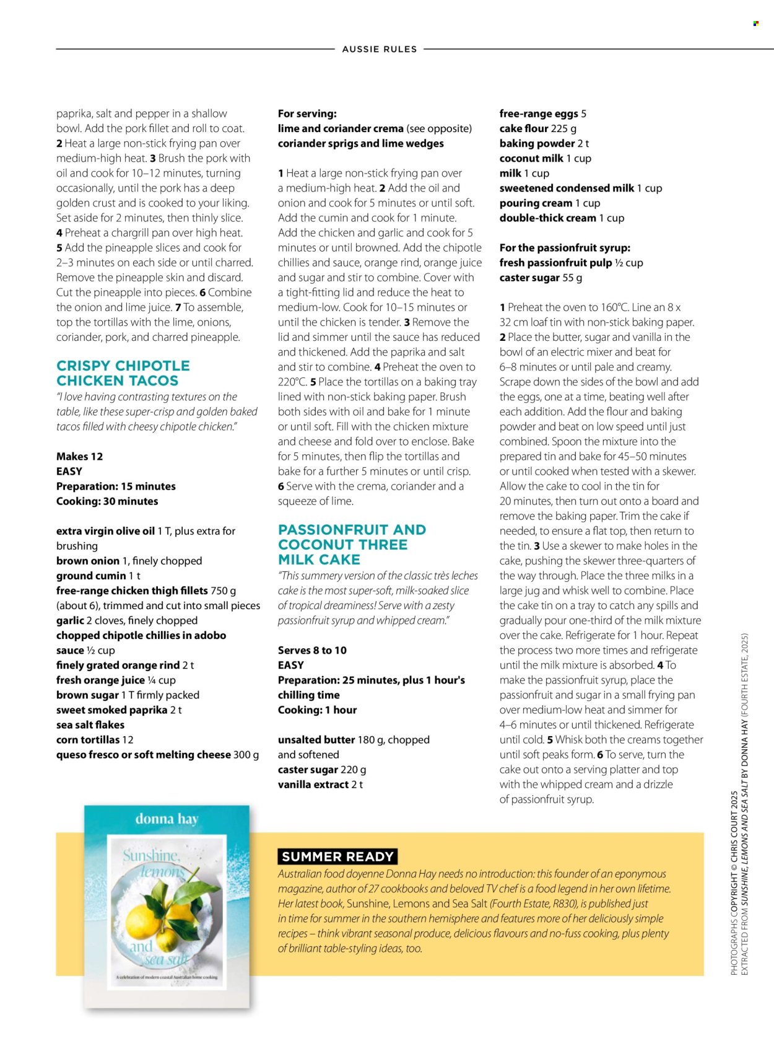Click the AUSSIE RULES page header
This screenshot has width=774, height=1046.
click(380, 50)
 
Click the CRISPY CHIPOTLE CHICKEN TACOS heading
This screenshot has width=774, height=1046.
click(123, 373)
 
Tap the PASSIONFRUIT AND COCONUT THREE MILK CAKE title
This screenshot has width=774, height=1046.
click(352, 545)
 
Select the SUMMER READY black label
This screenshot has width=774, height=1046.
click(337, 856)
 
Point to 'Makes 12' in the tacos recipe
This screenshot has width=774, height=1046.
click(79, 457)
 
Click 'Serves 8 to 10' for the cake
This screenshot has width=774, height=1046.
click(312, 651)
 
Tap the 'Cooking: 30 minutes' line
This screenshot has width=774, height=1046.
click(107, 501)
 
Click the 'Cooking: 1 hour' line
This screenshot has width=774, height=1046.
click(317, 710)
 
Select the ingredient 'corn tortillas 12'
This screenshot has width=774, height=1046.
click(95, 740)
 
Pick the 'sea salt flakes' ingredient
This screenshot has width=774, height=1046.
click(90, 725)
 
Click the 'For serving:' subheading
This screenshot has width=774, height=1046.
click(307, 114)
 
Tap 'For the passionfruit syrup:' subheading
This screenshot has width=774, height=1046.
click(565, 248)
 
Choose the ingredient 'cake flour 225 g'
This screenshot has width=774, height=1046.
click(538, 129)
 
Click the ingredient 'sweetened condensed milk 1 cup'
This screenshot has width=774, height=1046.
click(581, 188)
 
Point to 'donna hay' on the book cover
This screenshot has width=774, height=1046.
click(167, 819)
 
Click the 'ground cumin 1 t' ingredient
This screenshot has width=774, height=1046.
click(98, 576)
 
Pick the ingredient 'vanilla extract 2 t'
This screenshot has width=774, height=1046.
click(320, 784)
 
